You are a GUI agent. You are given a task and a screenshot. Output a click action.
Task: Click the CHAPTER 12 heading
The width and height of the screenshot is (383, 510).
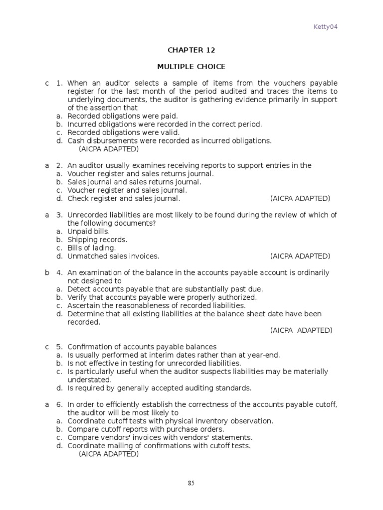(x=191, y=50)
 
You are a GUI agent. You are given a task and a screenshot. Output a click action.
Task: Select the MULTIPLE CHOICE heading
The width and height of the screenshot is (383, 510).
(x=191, y=66)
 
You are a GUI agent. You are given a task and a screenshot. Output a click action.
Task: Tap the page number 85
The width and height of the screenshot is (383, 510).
(x=191, y=483)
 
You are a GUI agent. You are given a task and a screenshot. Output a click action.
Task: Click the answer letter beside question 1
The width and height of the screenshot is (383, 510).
(x=47, y=83)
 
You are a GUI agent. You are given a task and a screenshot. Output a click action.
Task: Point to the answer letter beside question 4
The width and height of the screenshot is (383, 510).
(x=47, y=273)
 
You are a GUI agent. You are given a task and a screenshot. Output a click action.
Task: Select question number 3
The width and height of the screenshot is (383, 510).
(x=59, y=215)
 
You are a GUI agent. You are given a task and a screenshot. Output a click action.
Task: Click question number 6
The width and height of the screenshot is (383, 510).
(x=59, y=405)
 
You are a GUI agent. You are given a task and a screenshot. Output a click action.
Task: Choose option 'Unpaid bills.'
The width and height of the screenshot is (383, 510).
(x=89, y=232)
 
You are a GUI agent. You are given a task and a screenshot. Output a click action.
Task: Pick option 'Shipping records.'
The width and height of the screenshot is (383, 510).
(x=97, y=240)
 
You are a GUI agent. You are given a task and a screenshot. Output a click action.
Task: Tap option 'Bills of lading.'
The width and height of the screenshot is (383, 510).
(x=92, y=248)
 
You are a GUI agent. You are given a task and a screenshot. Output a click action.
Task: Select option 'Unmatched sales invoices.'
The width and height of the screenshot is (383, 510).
(x=113, y=256)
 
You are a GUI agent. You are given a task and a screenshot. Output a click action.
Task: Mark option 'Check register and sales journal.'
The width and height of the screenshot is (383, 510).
(x=124, y=198)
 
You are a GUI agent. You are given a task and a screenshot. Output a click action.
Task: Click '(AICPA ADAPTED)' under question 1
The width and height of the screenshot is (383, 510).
(x=109, y=149)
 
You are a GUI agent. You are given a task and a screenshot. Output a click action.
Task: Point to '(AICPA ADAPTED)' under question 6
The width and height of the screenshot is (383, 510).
(x=109, y=454)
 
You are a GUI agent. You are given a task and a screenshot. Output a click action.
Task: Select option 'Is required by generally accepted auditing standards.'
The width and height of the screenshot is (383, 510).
(x=160, y=388)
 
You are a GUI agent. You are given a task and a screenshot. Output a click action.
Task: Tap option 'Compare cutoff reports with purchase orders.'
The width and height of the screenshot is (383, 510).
(x=146, y=429)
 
